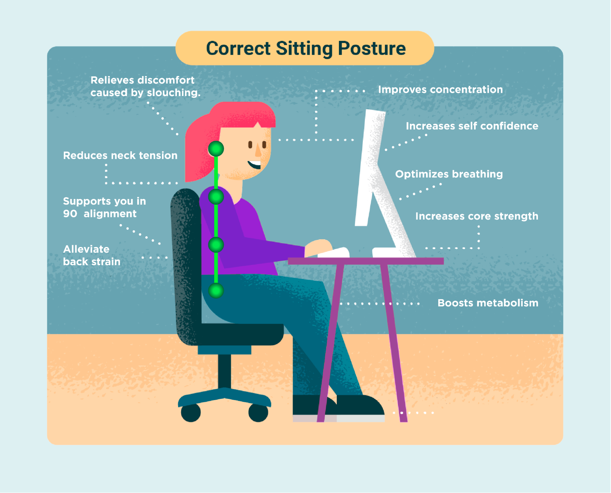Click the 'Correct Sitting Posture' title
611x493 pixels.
tap(306, 49)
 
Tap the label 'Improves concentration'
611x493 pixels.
tap(440, 90)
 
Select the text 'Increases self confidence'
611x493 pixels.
tap(472, 126)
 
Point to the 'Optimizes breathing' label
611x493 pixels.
tap(449, 174)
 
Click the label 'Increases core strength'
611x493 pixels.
tap(477, 216)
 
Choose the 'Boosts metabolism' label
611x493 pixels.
tap(488, 303)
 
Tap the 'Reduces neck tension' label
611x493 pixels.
tap(120, 156)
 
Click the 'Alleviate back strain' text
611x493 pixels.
tap(92, 256)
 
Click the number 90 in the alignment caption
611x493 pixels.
tap(70, 214)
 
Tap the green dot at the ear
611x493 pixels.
tap(216, 149)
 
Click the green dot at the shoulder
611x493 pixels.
tap(216, 197)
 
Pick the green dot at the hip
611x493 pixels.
tap(216, 290)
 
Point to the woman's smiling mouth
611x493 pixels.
tap(255, 165)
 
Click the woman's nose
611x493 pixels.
tap(258, 149)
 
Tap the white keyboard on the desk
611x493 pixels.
tap(333, 253)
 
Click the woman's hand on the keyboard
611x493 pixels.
tap(319, 247)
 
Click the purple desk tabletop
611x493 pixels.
tap(366, 261)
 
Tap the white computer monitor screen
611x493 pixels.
tap(370, 168)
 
